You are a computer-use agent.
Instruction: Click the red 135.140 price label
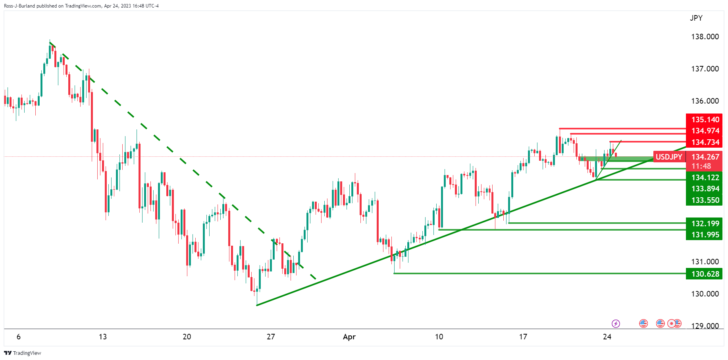pyautogui.click(x=705, y=119)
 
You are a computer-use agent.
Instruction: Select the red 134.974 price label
pyautogui.click(x=705, y=131)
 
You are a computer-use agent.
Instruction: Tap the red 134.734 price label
pyautogui.click(x=705, y=142)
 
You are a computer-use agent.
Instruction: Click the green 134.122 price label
pyautogui.click(x=705, y=177)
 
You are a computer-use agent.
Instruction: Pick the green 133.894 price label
pyautogui.click(x=705, y=189)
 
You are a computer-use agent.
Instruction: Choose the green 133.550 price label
pyautogui.click(x=705, y=200)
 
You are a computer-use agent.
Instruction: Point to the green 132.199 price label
pyautogui.click(x=705, y=223)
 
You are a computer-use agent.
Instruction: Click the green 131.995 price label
pyautogui.click(x=705, y=235)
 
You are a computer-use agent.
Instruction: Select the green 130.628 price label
pyautogui.click(x=705, y=274)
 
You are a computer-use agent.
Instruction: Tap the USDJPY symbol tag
pyautogui.click(x=669, y=157)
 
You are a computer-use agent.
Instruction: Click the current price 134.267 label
pyautogui.click(x=705, y=157)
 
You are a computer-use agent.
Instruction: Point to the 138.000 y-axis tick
pyautogui.click(x=705, y=37)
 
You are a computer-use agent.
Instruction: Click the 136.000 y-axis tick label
pyautogui.click(x=705, y=101)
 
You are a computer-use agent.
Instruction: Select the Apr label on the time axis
pyautogui.click(x=349, y=337)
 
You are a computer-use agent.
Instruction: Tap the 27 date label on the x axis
pyautogui.click(x=271, y=337)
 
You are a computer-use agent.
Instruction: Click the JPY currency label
pyautogui.click(x=696, y=18)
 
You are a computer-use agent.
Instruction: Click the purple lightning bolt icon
pyautogui.click(x=616, y=323)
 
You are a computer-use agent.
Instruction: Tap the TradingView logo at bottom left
pyautogui.click(x=23, y=353)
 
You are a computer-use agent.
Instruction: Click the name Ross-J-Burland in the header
pyautogui.click(x=19, y=6)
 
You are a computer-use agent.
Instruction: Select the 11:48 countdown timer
pyautogui.click(x=701, y=166)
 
